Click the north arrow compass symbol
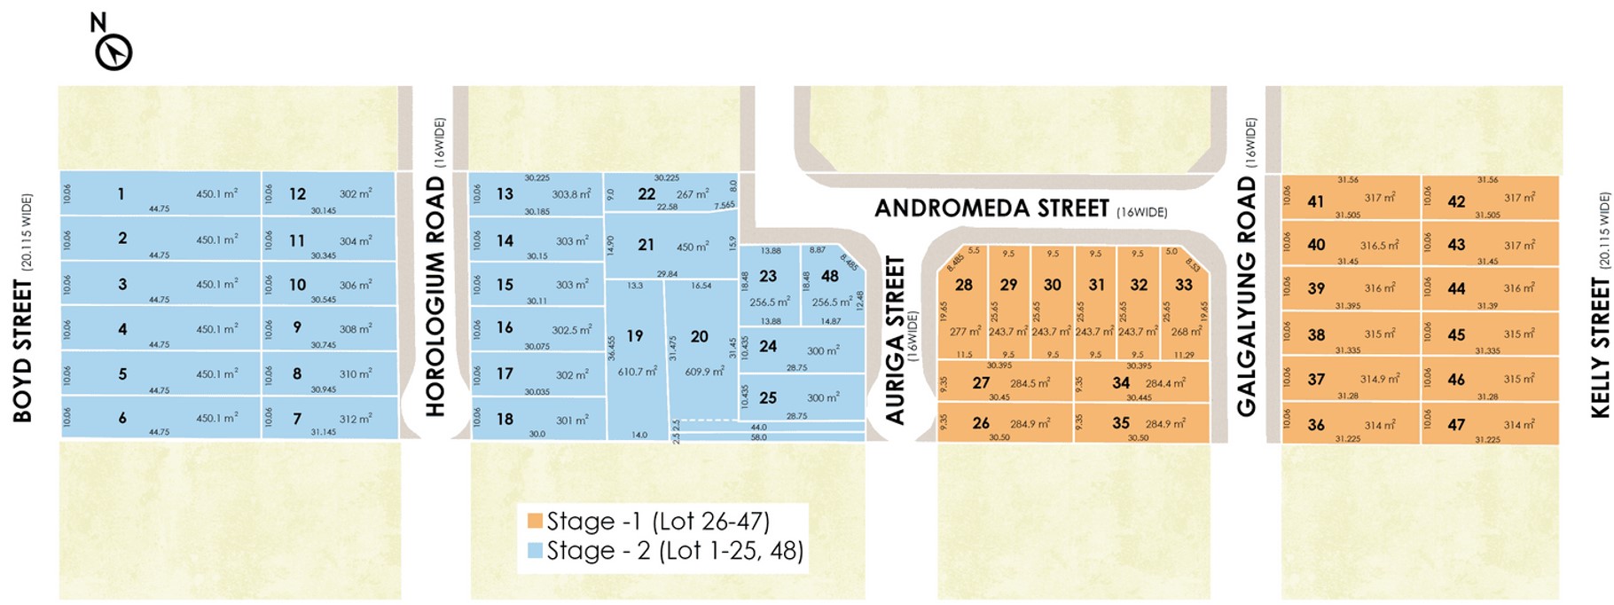(114, 52)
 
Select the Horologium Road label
(435, 296)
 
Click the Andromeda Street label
(991, 208)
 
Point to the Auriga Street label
(896, 340)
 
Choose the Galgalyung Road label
(1247, 296)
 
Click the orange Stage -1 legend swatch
(535, 521)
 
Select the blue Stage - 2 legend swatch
(535, 550)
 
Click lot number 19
(635, 336)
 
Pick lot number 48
(830, 276)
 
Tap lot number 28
(964, 285)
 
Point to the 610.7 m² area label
(637, 372)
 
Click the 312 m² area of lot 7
(356, 419)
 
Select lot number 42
(1456, 201)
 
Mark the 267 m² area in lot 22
(693, 194)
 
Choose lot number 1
(121, 193)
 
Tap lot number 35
(1121, 423)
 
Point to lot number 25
(768, 397)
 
